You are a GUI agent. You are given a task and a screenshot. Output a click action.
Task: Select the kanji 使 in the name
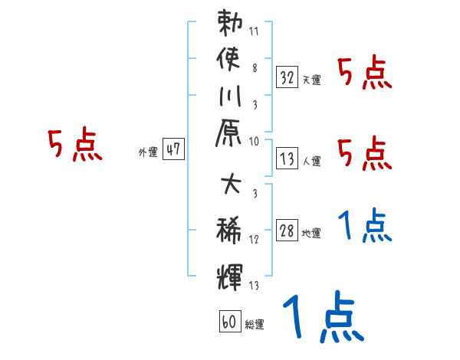tap(230, 60)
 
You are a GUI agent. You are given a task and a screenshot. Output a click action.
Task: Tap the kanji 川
tap(230, 98)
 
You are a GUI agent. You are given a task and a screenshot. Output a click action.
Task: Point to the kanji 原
tap(230, 136)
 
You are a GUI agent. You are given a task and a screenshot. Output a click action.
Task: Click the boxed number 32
tap(287, 77)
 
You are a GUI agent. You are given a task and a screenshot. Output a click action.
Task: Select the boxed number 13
tap(287, 159)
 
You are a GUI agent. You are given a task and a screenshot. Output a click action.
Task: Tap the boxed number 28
tap(287, 231)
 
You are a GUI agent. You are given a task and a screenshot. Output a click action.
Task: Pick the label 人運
tap(311, 162)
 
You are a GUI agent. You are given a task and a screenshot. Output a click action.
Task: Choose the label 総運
tap(254, 324)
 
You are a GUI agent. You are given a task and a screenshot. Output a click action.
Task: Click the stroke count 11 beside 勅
tap(255, 32)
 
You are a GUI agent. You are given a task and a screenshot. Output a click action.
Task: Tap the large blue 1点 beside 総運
tap(322, 318)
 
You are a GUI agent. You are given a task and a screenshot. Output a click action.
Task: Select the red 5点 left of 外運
tap(74, 146)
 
